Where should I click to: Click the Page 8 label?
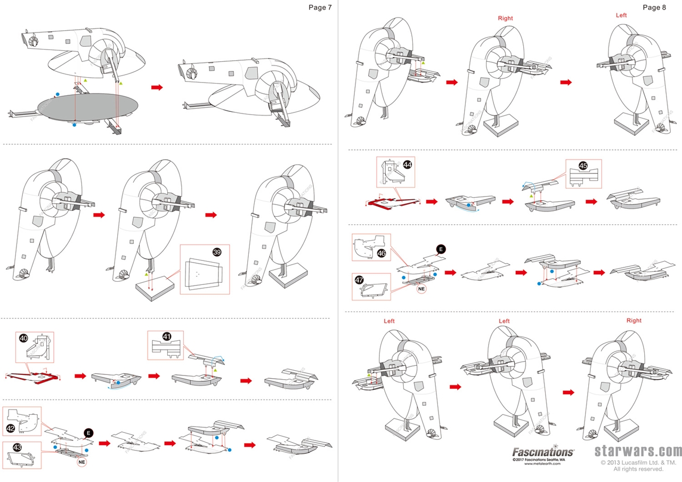[x=654, y=7]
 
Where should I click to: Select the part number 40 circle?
[x=23, y=338]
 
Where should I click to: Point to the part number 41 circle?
[x=167, y=337]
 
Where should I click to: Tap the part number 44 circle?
[x=408, y=165]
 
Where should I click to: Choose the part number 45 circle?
[x=583, y=166]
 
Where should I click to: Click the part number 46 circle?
[x=381, y=254]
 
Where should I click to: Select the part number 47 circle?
[x=360, y=279]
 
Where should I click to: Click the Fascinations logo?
[x=543, y=452]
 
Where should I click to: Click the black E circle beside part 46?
[x=441, y=249]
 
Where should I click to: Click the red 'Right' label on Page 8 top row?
[x=505, y=18]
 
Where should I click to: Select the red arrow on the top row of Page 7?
[x=157, y=87]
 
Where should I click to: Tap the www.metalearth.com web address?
[x=543, y=464]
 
